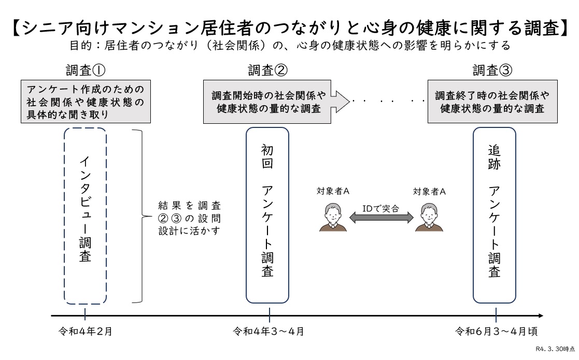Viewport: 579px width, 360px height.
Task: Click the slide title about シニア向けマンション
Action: pos(289,27)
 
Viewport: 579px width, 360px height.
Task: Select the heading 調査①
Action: pos(86,70)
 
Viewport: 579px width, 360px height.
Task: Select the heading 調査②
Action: pos(267,70)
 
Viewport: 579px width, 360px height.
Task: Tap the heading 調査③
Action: pos(492,70)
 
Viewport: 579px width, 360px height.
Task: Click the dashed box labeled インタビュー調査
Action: pos(86,215)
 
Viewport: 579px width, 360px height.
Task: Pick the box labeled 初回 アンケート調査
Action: pos(267,215)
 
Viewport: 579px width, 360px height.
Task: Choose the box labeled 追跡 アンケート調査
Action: pos(495,215)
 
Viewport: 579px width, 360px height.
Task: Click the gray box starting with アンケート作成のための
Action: pos(86,102)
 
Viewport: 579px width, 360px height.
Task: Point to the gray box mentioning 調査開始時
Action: pos(267,102)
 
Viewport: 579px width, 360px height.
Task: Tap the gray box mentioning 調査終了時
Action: pos(492,102)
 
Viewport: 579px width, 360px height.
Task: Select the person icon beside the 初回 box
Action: pos(332,217)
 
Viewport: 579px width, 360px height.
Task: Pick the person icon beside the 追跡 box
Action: pos(429,217)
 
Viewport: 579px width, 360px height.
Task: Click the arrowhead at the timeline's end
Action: pos(541,315)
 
